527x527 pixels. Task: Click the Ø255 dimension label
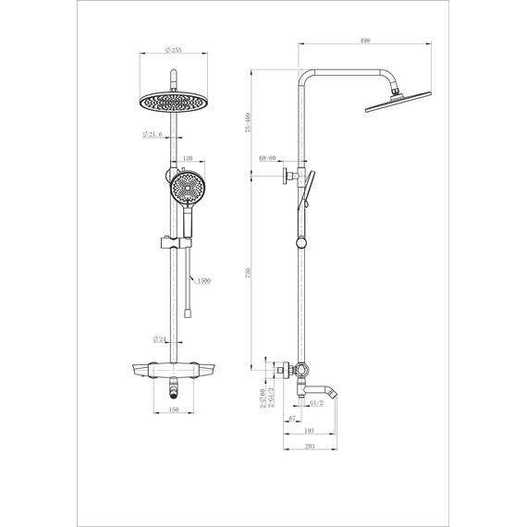[x=173, y=51]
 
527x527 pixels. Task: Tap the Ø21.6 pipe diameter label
[x=153, y=135]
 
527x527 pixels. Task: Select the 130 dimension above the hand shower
[x=188, y=160]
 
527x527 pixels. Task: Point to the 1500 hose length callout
[x=203, y=280]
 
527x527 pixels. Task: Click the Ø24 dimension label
[x=160, y=339]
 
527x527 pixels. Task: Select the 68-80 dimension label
[x=269, y=159]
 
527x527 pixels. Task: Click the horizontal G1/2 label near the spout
[x=316, y=403]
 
